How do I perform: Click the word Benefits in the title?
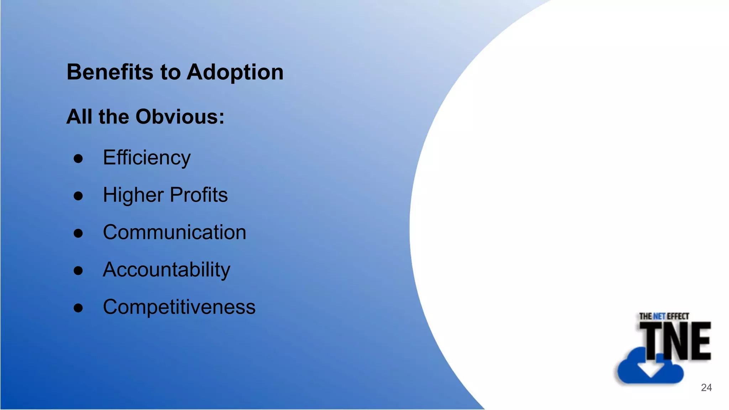point(110,72)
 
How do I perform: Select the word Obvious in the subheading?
point(180,117)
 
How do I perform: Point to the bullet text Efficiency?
point(147,158)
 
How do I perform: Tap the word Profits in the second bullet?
point(199,195)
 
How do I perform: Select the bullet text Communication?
point(174,232)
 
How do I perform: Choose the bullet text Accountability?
point(167,270)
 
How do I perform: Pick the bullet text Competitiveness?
point(179,307)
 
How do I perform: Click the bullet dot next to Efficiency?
point(78,159)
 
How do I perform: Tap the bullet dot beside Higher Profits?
point(78,196)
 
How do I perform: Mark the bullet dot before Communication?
point(78,233)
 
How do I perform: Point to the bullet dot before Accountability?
point(78,271)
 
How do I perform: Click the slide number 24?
point(706,388)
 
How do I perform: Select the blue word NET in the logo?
point(659,316)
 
